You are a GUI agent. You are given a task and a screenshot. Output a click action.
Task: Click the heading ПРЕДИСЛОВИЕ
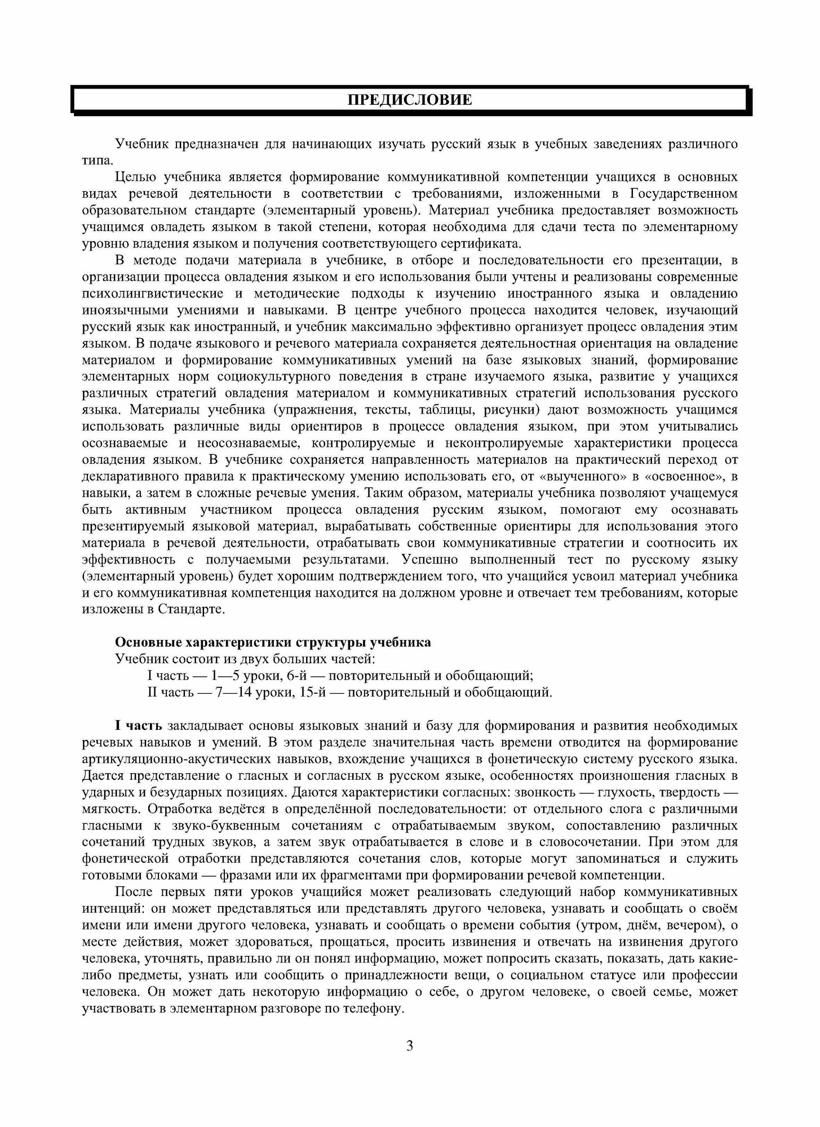(409, 101)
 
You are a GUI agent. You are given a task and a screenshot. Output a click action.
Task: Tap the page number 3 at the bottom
(410, 1046)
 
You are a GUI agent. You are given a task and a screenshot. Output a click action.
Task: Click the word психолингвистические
(146, 294)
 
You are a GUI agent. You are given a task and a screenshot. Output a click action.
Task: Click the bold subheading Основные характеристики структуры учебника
(273, 642)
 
